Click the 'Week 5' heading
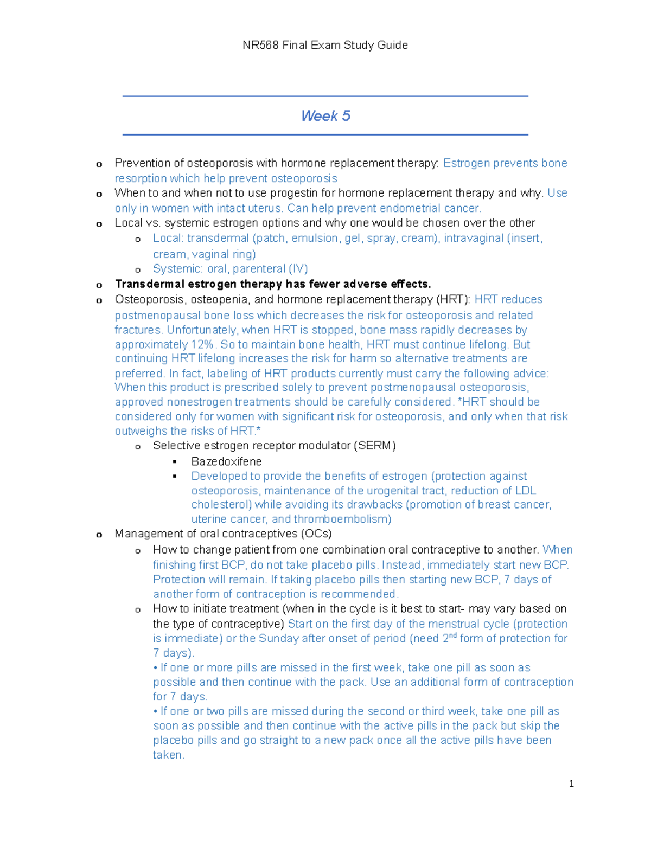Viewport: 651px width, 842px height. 325,116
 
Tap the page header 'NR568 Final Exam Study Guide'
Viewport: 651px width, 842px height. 325,45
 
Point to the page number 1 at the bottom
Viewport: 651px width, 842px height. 571,783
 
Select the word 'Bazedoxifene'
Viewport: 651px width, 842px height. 226,461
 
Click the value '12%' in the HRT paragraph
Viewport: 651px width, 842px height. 202,344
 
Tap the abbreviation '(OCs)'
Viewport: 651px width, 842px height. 316,534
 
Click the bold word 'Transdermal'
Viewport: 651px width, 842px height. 150,284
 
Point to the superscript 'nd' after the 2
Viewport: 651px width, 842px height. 453,636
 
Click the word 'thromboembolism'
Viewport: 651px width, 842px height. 342,519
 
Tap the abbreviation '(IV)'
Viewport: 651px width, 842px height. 298,269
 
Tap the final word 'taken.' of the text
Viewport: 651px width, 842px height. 169,755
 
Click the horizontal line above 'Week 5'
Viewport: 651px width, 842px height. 325,96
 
